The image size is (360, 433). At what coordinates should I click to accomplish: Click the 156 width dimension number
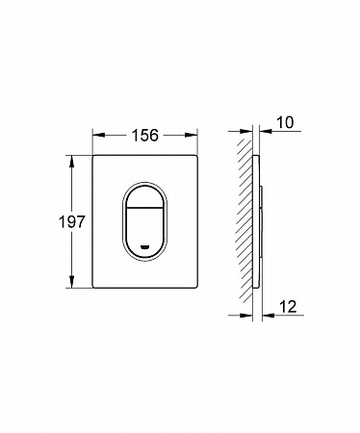[x=145, y=136]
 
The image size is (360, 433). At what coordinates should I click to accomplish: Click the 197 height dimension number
[x=71, y=221]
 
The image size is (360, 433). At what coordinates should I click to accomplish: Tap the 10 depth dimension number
[x=285, y=122]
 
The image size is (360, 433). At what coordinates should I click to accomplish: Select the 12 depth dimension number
[x=288, y=307]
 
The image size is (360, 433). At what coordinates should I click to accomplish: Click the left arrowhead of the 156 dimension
[x=99, y=136]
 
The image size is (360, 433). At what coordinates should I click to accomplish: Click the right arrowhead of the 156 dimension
[x=191, y=136]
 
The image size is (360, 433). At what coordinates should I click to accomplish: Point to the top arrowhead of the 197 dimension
[x=71, y=162]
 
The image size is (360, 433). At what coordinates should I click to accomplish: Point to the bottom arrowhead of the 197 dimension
[x=71, y=282]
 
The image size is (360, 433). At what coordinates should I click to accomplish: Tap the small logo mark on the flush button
[x=145, y=247]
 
